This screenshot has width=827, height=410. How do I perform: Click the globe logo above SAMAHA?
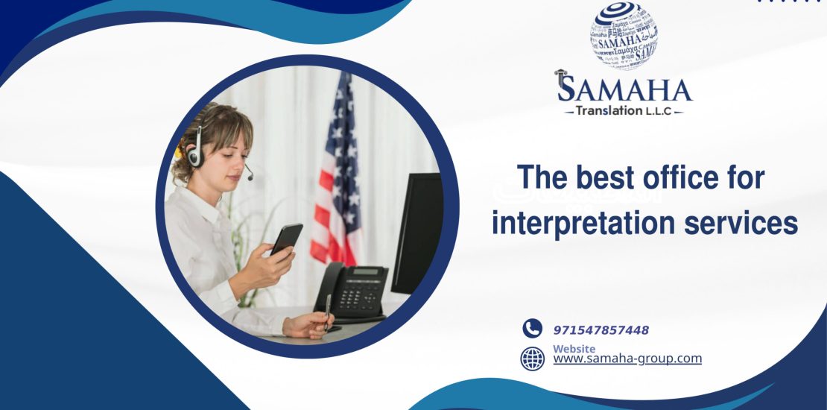tap(624, 35)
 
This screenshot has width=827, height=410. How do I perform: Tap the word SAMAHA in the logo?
tap(624, 89)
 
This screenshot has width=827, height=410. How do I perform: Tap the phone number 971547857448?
tap(601, 330)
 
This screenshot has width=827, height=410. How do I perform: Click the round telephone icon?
tap(532, 329)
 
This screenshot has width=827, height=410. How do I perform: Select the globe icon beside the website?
tap(532, 359)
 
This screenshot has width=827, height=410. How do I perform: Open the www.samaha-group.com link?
tap(627, 359)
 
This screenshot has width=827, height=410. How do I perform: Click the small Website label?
tap(574, 349)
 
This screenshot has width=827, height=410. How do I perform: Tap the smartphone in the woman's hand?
tap(286, 239)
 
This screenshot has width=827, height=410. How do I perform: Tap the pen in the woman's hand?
tap(328, 311)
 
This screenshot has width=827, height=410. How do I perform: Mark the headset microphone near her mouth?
tap(250, 177)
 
